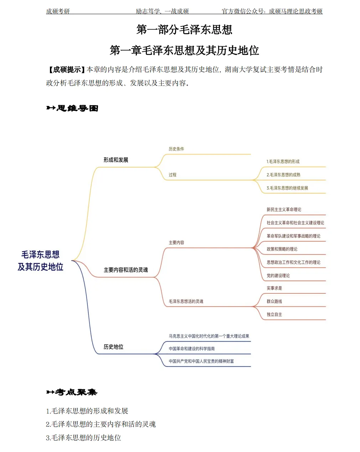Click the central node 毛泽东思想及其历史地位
click(40, 261)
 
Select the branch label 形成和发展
click(115, 160)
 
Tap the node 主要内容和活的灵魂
click(125, 270)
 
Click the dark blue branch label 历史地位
click(113, 347)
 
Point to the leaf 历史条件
click(176, 149)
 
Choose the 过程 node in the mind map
click(173, 175)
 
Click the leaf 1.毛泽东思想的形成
click(283, 162)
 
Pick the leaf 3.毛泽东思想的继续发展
click(287, 188)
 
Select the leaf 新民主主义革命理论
click(284, 210)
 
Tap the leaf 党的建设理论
click(278, 276)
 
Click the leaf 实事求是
click(274, 288)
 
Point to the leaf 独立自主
click(274, 315)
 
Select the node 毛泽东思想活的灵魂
click(186, 302)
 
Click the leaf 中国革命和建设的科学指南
click(191, 349)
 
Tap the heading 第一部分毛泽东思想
click(184, 30)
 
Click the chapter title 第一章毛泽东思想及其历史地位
click(184, 51)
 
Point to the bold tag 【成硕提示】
click(66, 70)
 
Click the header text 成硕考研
click(58, 11)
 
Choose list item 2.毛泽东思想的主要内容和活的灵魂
click(101, 424)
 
